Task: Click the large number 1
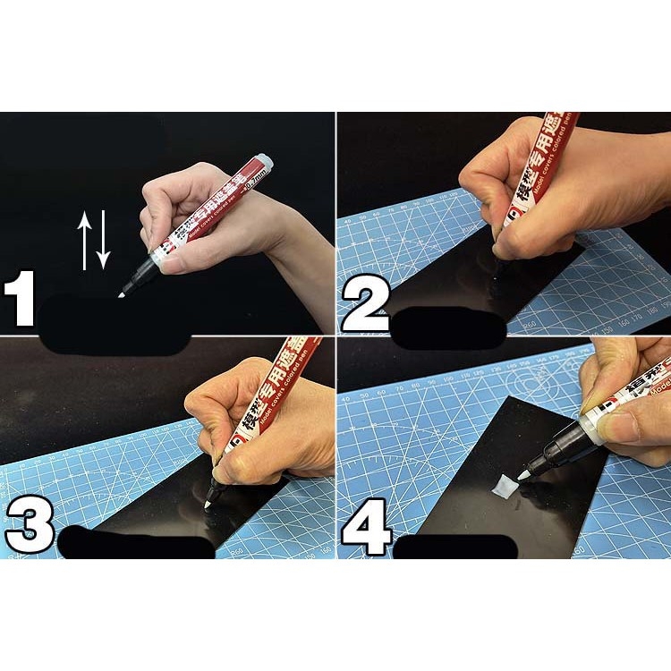click(x=19, y=301)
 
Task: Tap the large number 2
click(x=364, y=305)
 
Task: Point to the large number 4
click(x=366, y=528)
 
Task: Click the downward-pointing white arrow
click(x=103, y=241)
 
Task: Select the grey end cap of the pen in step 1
click(x=263, y=165)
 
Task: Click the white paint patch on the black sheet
click(x=500, y=486)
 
